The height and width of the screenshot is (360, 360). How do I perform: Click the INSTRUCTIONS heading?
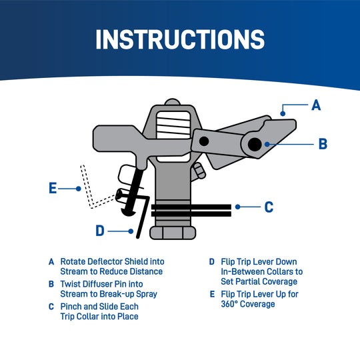click(180, 39)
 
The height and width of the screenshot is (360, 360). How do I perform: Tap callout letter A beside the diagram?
click(317, 105)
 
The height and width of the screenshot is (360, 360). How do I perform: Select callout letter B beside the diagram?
click(323, 143)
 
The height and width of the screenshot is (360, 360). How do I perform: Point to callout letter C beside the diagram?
click(269, 207)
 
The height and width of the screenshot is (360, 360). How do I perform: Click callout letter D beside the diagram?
click(100, 231)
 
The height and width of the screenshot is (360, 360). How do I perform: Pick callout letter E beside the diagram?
click(53, 189)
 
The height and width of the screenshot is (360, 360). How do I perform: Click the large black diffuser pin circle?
click(254, 143)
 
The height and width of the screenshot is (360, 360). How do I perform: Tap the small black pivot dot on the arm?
click(204, 140)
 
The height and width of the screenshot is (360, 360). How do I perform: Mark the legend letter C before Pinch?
click(51, 307)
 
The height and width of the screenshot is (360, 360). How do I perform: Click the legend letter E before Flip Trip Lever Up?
click(212, 294)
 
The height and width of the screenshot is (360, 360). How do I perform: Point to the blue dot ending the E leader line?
click(79, 189)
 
